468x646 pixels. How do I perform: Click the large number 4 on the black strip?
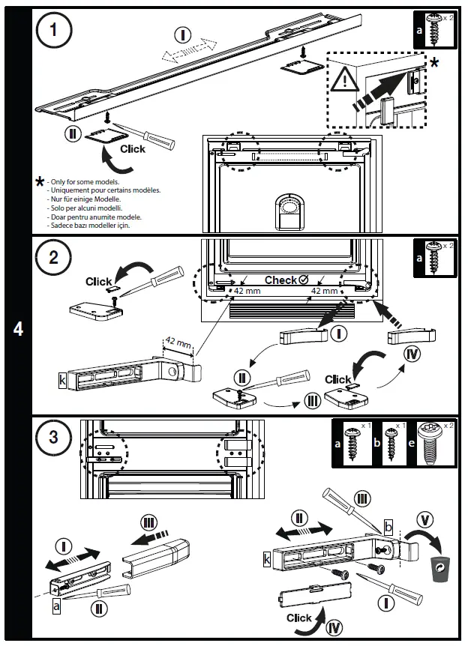(x=18, y=328)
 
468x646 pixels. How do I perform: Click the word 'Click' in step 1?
(x=133, y=148)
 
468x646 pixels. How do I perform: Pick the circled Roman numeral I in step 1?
(x=182, y=33)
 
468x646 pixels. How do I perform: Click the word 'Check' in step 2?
(x=281, y=280)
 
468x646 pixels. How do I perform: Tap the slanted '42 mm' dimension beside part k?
(x=179, y=345)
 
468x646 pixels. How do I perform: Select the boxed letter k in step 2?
(x=62, y=379)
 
